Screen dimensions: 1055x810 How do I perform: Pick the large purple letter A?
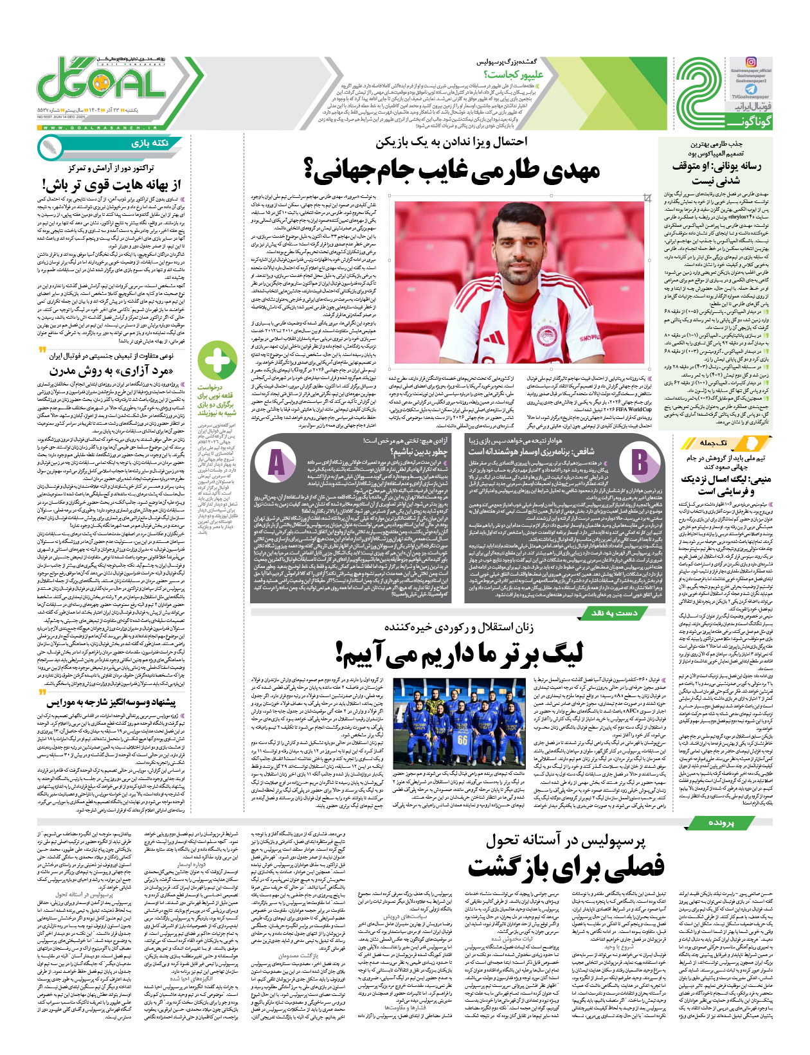[x=276, y=462]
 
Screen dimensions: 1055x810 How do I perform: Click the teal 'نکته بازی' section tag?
[x=147, y=143]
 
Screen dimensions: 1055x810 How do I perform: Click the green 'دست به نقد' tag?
[x=615, y=613]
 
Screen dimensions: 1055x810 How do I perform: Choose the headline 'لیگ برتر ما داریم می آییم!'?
[x=459, y=653]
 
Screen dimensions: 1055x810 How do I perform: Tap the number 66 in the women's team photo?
[x=462, y=741]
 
